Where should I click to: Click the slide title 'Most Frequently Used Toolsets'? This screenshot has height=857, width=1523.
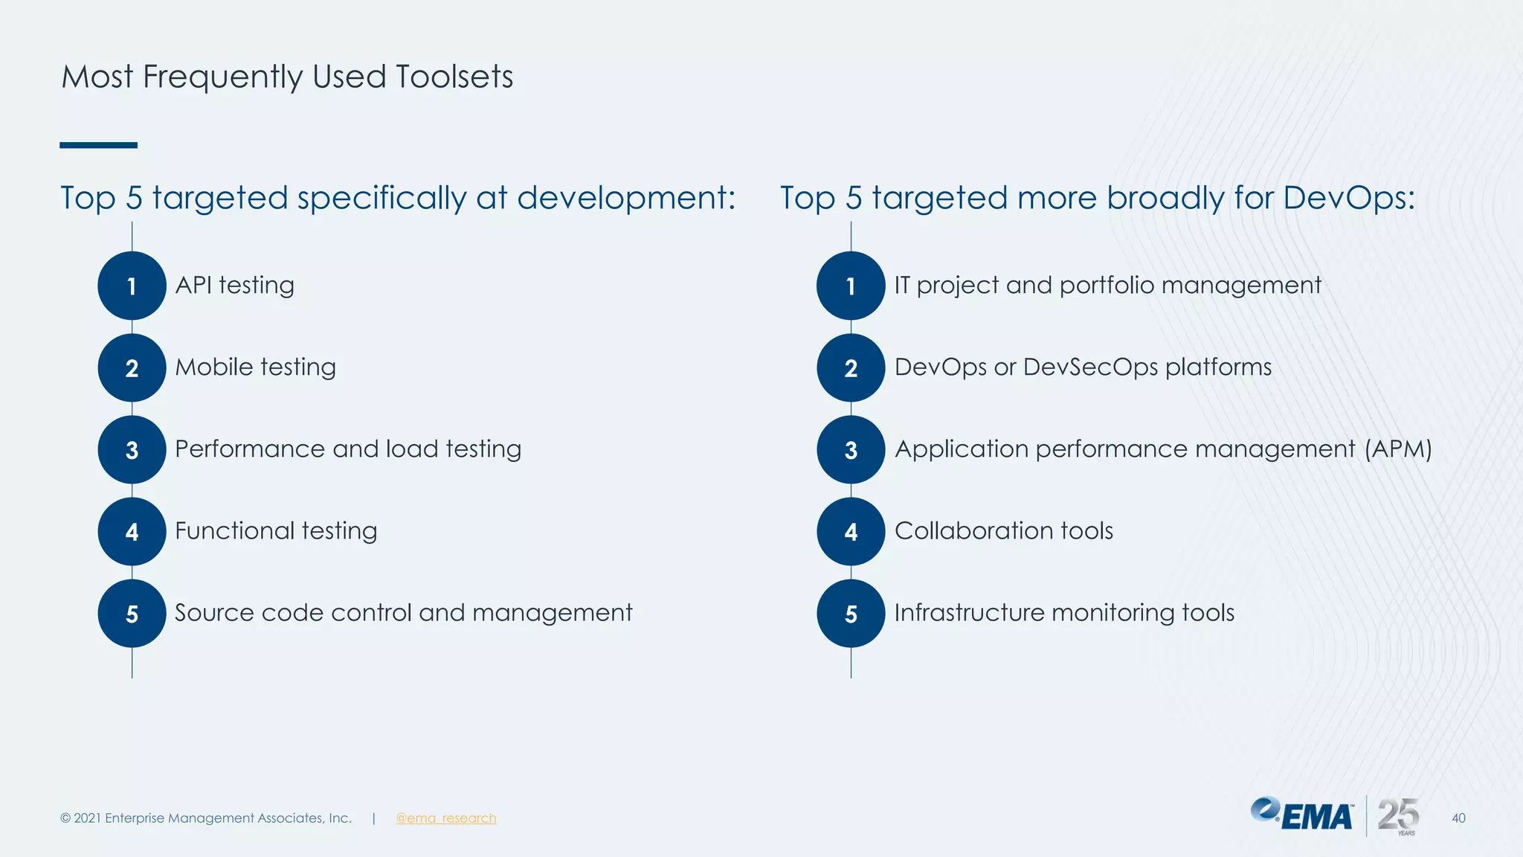click(287, 77)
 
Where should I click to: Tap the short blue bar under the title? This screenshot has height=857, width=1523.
click(98, 145)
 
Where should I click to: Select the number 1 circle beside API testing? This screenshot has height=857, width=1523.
click(132, 286)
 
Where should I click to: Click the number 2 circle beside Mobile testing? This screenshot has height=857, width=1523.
click(132, 367)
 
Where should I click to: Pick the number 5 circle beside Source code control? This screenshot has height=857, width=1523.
click(132, 613)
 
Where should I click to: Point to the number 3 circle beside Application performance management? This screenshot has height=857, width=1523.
click(851, 449)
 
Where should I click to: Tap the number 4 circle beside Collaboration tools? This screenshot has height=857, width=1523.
click(851, 531)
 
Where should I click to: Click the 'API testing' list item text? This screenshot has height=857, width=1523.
click(234, 286)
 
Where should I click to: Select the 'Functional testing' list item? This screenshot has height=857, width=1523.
click(276, 531)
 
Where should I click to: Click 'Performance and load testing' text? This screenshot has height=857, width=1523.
click(348, 449)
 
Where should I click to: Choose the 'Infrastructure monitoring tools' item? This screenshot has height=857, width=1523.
click(1064, 613)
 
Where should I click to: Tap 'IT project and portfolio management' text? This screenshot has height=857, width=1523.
click(1107, 286)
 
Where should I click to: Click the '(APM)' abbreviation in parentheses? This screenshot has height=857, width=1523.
click(1398, 449)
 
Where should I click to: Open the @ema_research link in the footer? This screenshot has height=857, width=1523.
click(445, 818)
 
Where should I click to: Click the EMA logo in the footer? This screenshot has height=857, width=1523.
click(1302, 815)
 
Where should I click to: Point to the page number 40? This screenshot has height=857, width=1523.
click(1458, 818)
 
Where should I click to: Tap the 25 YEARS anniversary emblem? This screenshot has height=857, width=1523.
click(1398, 816)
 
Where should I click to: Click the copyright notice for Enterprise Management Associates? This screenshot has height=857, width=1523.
click(206, 818)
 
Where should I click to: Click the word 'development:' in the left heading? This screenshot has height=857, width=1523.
click(626, 199)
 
